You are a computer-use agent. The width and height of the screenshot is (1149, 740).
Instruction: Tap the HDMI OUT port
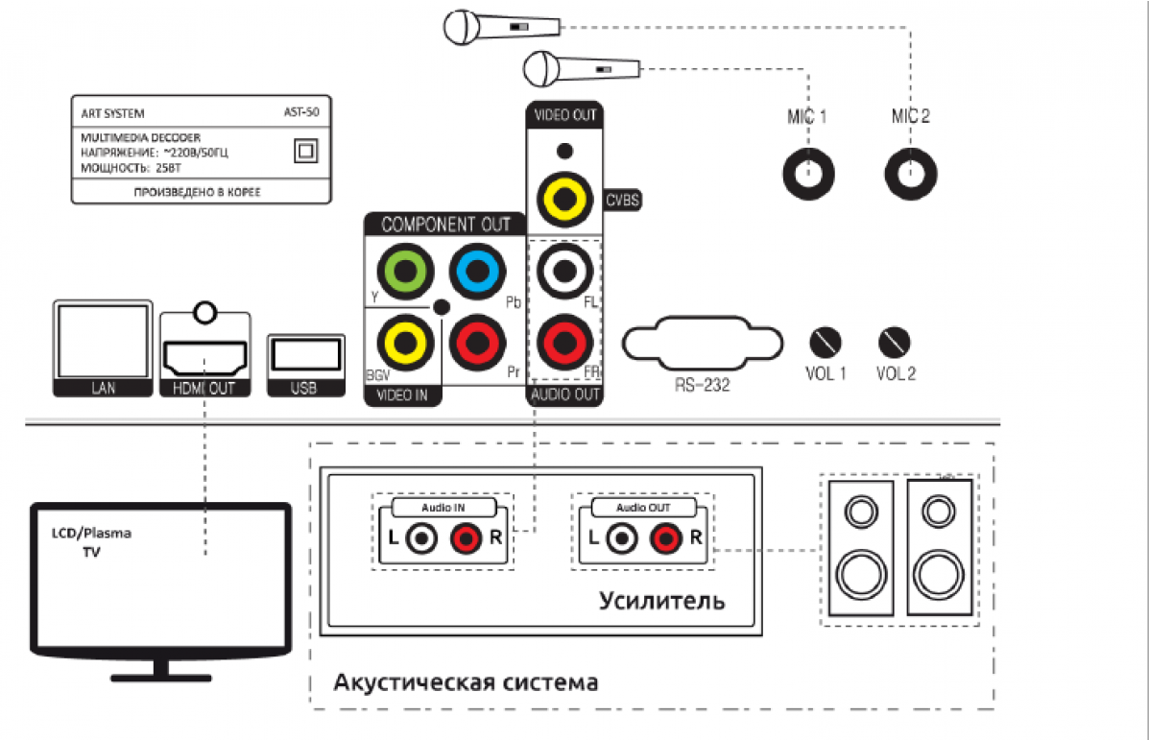[204, 357]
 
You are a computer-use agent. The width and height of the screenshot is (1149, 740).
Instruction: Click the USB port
[305, 356]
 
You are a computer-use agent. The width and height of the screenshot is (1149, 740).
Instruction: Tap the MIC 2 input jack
[909, 174]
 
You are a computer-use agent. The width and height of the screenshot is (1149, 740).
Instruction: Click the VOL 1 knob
[826, 341]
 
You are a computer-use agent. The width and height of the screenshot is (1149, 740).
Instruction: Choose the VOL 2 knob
[895, 341]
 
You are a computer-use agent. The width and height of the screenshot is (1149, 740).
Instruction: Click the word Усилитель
[661, 602]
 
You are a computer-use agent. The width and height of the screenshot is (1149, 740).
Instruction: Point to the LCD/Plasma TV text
[91, 542]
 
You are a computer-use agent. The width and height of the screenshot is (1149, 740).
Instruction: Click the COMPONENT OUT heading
[445, 225]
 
